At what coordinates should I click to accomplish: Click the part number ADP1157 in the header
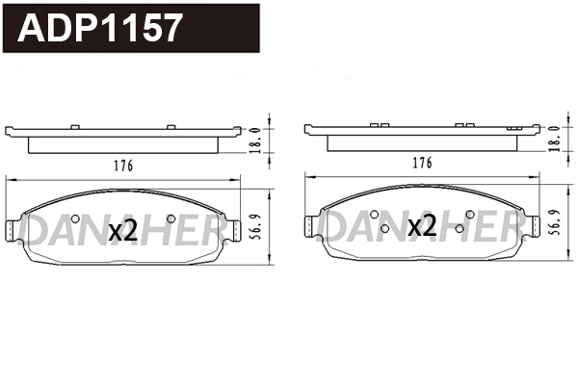100,28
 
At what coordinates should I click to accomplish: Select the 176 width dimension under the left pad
122,165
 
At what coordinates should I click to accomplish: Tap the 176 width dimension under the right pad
421,165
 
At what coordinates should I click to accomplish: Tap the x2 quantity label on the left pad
122,230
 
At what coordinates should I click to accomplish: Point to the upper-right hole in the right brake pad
469,214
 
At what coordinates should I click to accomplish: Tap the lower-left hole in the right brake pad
384,229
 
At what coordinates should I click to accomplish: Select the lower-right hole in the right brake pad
460,229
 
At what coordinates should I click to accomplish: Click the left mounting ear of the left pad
13,229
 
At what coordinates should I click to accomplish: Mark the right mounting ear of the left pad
233,229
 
